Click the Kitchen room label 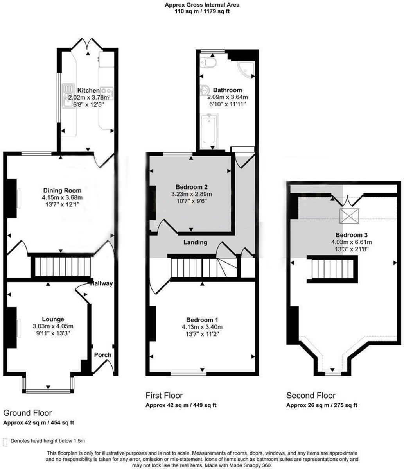tap(88, 90)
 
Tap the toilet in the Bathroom tap(208, 63)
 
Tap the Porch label tap(102, 355)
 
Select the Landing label tap(196, 242)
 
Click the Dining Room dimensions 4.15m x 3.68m tap(63, 197)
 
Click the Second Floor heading tap(311, 396)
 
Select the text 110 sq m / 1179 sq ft tap(202, 11)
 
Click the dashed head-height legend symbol tap(5, 441)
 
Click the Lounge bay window tap(48, 390)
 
